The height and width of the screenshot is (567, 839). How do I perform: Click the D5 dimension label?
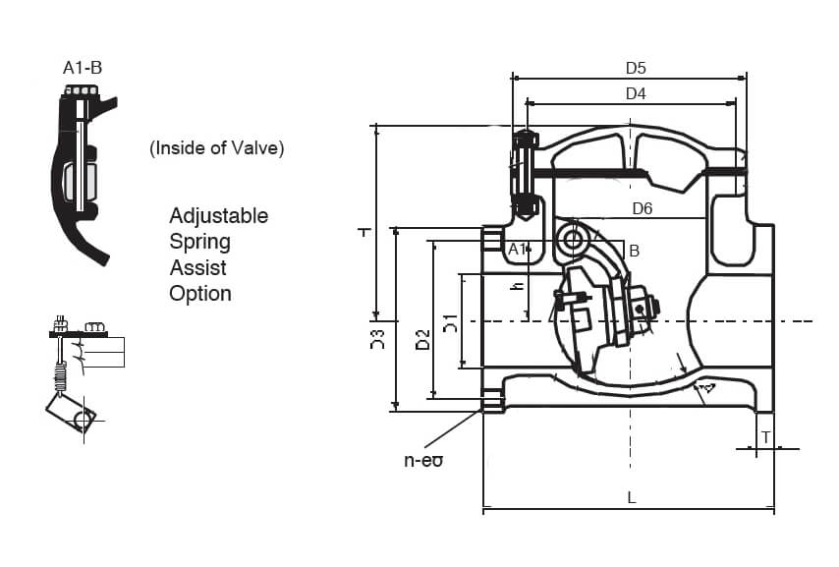click(x=636, y=68)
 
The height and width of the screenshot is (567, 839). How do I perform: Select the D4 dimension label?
click(x=636, y=93)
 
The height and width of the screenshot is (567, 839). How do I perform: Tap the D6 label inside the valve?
click(x=643, y=208)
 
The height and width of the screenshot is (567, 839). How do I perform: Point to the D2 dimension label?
click(x=421, y=339)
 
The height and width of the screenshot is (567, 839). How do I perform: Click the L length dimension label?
click(x=632, y=497)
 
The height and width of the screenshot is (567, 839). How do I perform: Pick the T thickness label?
click(x=765, y=437)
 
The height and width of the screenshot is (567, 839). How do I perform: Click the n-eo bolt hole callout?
click(x=423, y=459)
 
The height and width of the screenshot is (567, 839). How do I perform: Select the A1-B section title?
click(x=83, y=68)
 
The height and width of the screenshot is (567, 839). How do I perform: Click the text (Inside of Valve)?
click(x=216, y=148)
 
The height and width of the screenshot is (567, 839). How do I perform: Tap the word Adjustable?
click(x=218, y=215)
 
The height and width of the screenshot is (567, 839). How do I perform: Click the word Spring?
click(x=199, y=241)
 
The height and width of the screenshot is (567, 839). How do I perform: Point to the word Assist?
click(x=197, y=267)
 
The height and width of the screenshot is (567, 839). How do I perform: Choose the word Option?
click(x=200, y=293)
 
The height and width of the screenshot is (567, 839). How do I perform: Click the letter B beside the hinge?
click(x=634, y=252)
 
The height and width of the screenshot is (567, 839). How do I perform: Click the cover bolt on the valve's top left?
click(x=525, y=173)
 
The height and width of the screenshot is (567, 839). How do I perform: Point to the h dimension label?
click(x=516, y=285)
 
